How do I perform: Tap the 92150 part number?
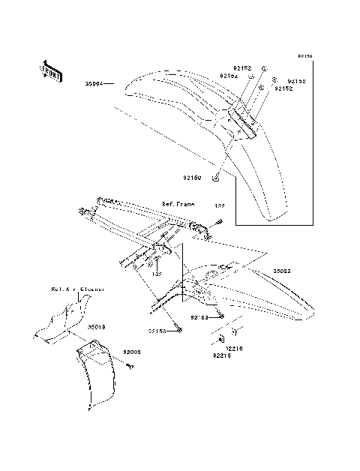click(192, 178)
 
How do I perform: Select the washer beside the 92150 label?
click(215, 178)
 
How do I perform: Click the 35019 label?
click(96, 328)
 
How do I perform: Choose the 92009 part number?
click(132, 352)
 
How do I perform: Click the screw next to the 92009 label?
click(128, 365)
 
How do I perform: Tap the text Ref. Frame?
click(178, 204)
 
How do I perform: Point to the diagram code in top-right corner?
click(304, 56)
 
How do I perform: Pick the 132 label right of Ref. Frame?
click(220, 205)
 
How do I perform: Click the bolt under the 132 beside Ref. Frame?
click(220, 220)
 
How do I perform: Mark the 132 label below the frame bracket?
click(157, 274)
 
